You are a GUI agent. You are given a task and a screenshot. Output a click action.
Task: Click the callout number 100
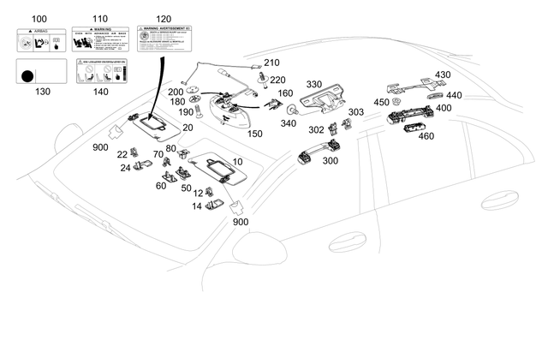(x=39, y=18)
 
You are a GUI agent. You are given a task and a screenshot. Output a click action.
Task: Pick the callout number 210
(x=271, y=63)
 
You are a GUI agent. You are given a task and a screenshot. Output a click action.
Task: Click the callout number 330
(x=313, y=84)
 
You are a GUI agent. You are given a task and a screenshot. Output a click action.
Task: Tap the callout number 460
(x=426, y=136)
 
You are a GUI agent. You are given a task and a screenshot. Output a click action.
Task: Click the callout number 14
(x=198, y=206)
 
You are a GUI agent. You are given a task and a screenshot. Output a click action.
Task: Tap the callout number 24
(x=125, y=168)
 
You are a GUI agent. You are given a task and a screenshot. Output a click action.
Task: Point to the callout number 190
(x=185, y=112)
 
